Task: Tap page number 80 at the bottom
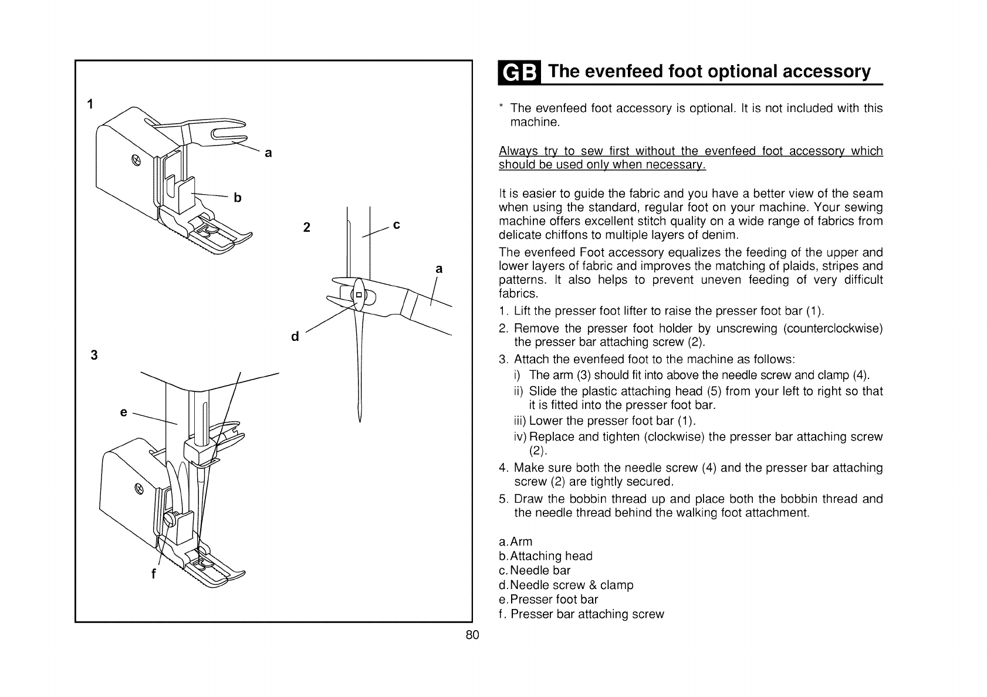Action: tap(472, 635)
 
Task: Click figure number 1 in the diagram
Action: tap(90, 105)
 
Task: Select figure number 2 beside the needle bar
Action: tap(306, 227)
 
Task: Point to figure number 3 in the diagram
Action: tap(94, 356)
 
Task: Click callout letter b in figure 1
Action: tap(238, 198)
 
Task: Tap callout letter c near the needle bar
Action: tap(397, 225)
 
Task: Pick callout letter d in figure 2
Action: tap(295, 337)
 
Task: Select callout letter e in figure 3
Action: tap(123, 412)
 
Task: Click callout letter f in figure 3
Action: tap(154, 575)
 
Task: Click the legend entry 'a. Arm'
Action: tap(515, 542)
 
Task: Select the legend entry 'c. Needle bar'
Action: tap(535, 570)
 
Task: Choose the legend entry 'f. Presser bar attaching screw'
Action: tap(581, 614)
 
